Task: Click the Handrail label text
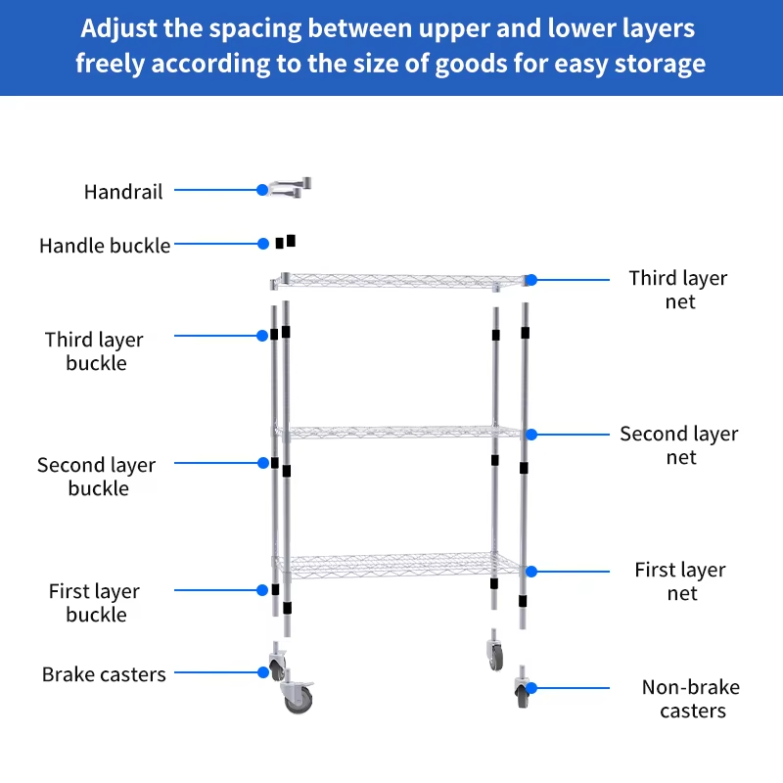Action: click(123, 192)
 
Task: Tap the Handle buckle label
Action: click(105, 246)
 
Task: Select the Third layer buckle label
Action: click(95, 351)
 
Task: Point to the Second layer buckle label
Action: click(97, 477)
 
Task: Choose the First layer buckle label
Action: click(95, 603)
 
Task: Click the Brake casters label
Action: click(104, 674)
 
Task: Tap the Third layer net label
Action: click(678, 290)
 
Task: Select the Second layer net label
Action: click(679, 445)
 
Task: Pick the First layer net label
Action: click(680, 581)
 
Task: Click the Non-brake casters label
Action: click(691, 699)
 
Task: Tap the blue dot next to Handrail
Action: click(262, 190)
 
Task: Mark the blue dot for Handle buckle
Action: click(263, 244)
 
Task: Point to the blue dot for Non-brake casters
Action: click(531, 688)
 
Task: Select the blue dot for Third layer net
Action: click(531, 280)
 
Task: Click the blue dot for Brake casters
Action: click(263, 672)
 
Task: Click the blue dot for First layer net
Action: click(531, 572)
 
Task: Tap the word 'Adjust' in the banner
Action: click(119, 28)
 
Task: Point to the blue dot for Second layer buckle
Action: click(263, 463)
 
